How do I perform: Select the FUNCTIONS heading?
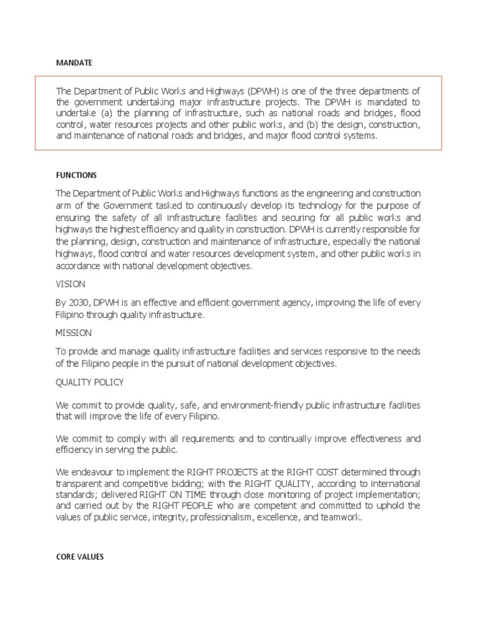[76, 175]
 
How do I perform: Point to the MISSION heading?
[73, 333]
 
